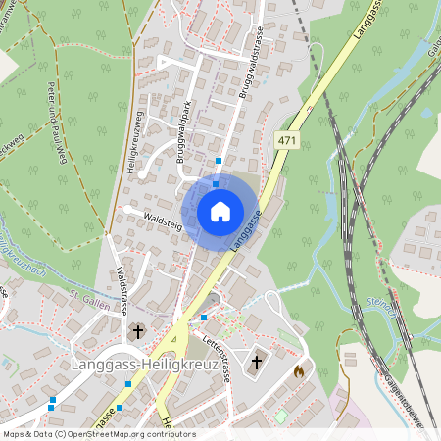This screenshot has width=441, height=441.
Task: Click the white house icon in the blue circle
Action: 220,211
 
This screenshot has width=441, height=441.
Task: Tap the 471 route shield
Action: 286,141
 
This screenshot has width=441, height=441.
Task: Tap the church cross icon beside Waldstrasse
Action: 137,332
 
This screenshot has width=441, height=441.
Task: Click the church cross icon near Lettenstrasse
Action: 257,362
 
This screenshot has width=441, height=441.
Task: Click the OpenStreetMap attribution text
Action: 98,434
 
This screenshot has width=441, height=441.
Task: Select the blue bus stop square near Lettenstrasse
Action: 204,318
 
